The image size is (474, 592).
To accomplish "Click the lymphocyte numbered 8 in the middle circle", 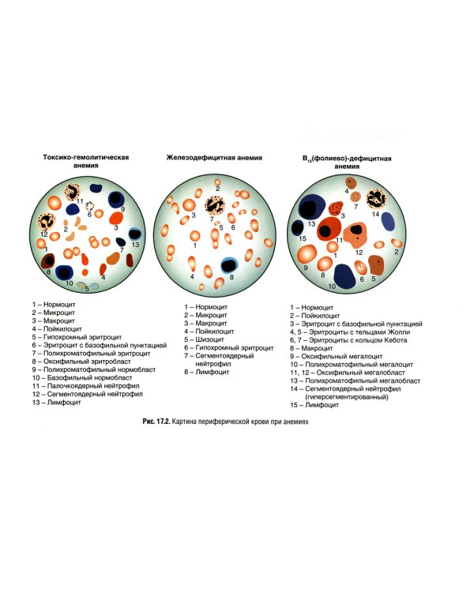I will (230, 266).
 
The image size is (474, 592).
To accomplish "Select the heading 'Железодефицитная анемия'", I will (214, 158).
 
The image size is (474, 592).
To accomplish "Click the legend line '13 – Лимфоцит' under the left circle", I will (57, 403).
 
